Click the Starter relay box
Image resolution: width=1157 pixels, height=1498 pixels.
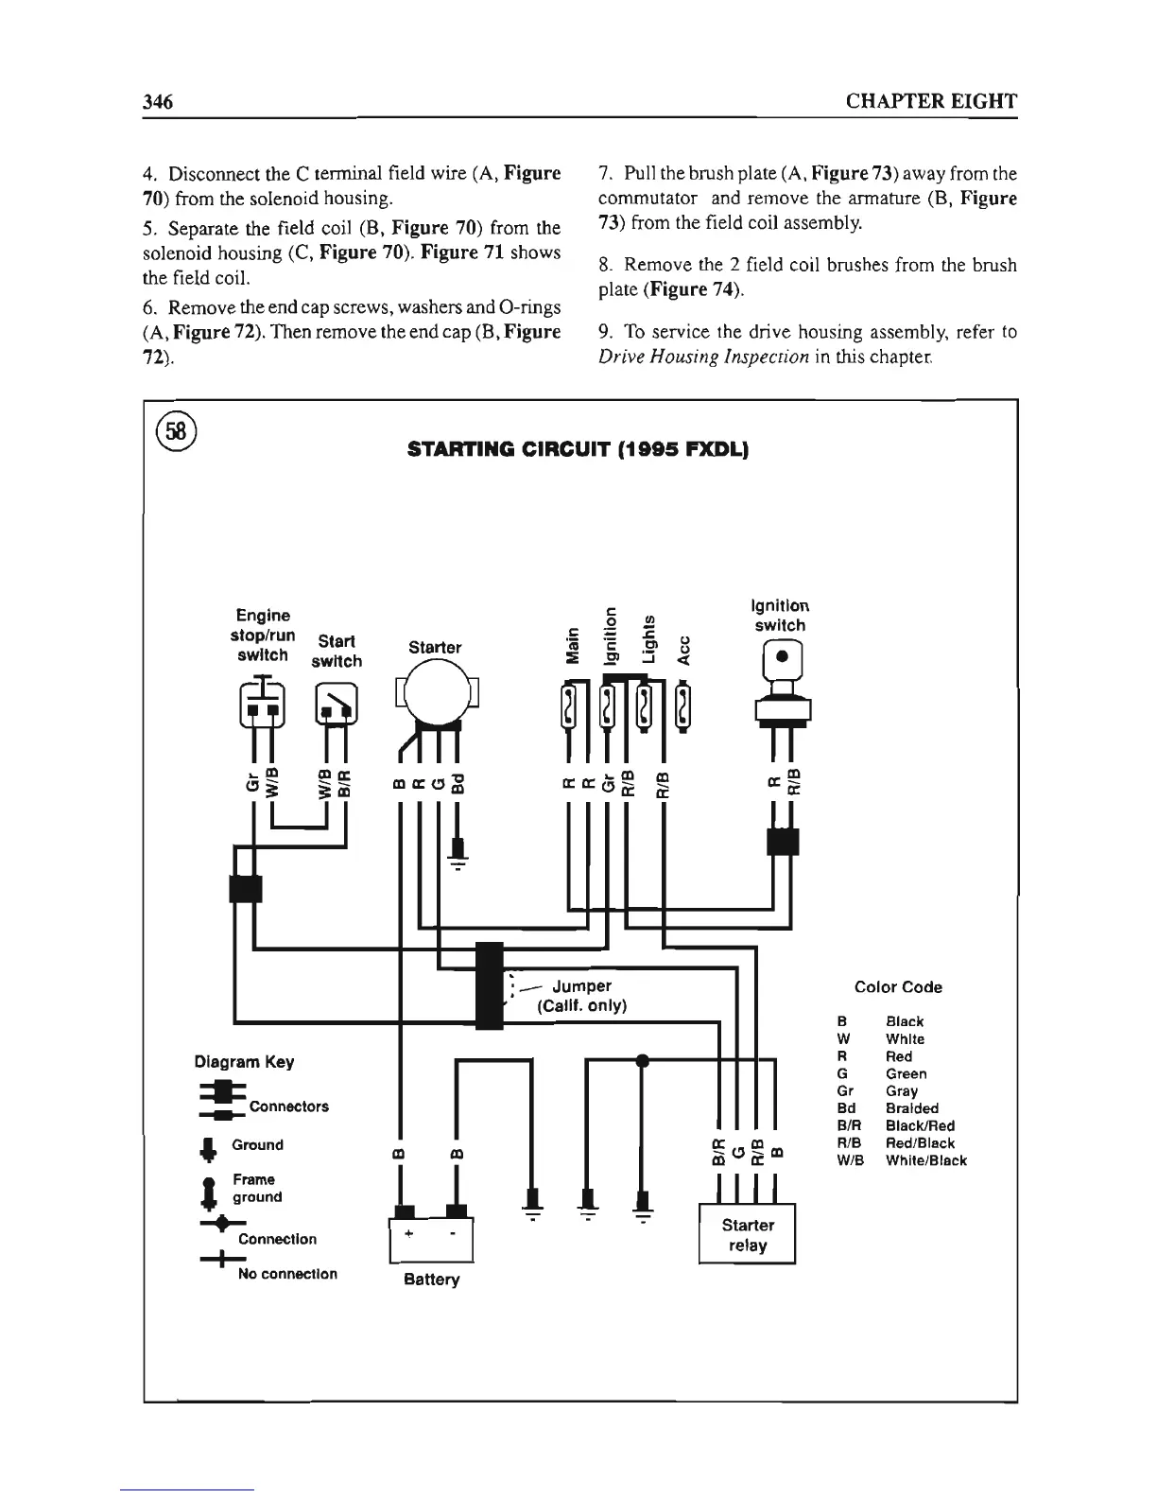[x=747, y=1234]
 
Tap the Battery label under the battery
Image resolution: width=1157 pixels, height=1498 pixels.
[x=431, y=1280]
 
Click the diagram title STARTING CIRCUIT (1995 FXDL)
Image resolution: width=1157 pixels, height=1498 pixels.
[x=578, y=447]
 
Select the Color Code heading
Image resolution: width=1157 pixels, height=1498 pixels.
[x=898, y=987]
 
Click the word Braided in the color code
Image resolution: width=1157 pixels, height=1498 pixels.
[x=912, y=1107]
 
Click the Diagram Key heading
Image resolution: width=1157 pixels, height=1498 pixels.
[x=244, y=1062]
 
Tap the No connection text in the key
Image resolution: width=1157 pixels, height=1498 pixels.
[x=287, y=1274]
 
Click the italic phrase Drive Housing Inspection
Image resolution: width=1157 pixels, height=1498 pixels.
[x=704, y=357]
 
